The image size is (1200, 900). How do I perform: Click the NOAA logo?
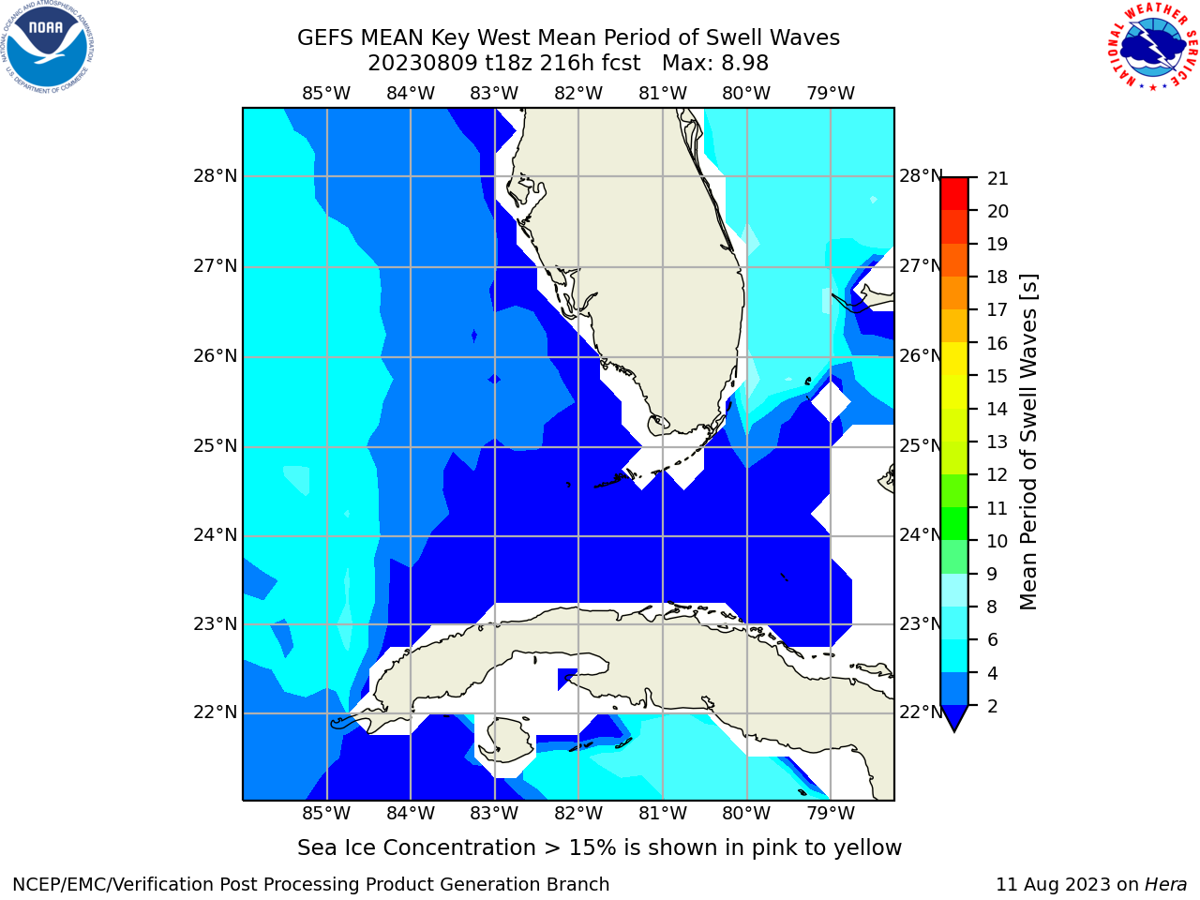point(48,47)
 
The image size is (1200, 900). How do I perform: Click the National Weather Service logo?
point(1152,47)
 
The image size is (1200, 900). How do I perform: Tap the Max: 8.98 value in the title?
point(715,64)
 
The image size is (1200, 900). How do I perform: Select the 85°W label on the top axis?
point(326,94)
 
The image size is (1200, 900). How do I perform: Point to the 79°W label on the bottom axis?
point(831,814)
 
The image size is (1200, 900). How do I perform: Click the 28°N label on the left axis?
point(216,176)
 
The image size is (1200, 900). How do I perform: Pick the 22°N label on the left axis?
point(216,712)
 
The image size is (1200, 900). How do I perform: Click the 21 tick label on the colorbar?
point(997,179)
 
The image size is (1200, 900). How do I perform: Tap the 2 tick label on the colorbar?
point(993,707)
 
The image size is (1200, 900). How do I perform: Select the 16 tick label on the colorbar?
point(997,343)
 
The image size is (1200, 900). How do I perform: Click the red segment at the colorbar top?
point(954,194)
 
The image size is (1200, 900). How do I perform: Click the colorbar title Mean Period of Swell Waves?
point(1028,442)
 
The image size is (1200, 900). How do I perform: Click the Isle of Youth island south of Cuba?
point(509,741)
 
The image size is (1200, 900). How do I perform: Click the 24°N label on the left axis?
point(216,535)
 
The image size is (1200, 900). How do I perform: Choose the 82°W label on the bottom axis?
point(578,814)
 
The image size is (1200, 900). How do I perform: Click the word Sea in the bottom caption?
point(315,848)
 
